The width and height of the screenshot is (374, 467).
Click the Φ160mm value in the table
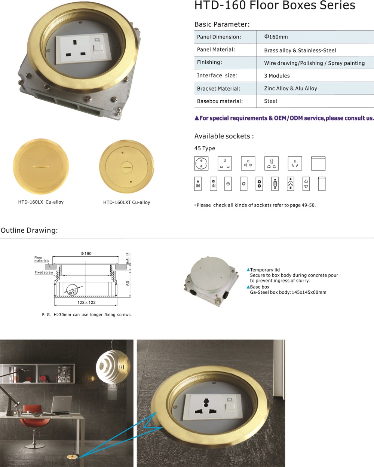[276, 37]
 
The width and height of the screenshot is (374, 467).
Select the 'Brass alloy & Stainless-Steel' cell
[300, 51]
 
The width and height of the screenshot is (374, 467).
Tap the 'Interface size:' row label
[217, 75]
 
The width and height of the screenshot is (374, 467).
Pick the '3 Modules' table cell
[277, 76]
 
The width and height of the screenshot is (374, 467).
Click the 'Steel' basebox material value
[270, 101]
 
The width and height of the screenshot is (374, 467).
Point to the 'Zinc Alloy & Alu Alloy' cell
[291, 88]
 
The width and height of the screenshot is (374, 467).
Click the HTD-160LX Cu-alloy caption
[41, 202]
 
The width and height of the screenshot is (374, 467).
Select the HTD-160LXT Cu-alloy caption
[126, 202]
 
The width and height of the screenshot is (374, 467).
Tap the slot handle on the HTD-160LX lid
[41, 167]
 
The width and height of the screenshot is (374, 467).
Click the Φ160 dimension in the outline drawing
[86, 253]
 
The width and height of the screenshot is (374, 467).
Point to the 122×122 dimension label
[86, 302]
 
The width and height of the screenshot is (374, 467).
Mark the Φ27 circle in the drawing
[72, 290]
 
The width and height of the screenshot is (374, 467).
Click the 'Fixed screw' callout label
[44, 272]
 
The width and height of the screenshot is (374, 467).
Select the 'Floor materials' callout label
[42, 259]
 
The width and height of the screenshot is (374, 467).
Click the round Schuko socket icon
[201, 163]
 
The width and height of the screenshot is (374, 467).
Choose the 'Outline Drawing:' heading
[29, 230]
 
